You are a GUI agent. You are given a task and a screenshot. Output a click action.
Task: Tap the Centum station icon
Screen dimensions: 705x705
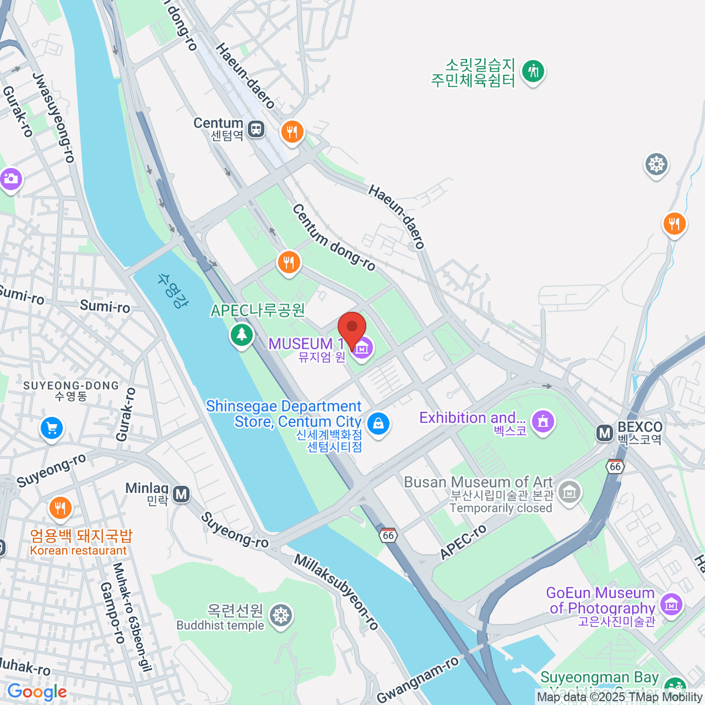tap(256, 129)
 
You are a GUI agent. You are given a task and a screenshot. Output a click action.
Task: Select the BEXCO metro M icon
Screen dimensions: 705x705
tap(604, 434)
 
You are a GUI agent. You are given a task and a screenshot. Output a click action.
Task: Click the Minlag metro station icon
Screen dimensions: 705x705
tap(182, 494)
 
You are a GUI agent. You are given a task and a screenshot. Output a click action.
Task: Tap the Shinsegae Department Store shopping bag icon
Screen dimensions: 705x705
tap(378, 422)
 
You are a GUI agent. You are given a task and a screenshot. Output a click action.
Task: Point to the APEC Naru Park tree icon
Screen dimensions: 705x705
tap(241, 335)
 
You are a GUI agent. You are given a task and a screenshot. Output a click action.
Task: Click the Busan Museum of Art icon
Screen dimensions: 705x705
tap(569, 492)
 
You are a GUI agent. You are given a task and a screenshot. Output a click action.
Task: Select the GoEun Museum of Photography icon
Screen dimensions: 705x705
tap(671, 603)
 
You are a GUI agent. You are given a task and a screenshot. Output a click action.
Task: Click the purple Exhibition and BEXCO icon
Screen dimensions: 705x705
tap(543, 421)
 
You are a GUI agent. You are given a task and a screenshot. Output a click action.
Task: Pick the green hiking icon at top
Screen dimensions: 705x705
tap(533, 71)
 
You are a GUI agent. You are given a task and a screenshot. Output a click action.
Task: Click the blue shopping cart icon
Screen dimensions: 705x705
tap(52, 428)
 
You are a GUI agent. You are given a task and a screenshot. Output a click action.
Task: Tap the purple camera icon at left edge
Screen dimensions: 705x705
tap(10, 179)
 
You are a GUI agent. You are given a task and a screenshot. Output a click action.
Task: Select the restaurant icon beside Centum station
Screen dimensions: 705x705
tap(292, 131)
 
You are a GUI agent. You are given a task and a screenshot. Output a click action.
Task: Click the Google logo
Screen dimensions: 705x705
tap(37, 692)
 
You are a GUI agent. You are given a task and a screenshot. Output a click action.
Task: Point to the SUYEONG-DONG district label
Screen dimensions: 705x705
tap(71, 385)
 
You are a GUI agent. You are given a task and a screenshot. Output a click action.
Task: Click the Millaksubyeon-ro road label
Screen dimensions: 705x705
tap(337, 592)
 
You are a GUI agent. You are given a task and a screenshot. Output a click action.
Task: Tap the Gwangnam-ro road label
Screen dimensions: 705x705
tap(418, 680)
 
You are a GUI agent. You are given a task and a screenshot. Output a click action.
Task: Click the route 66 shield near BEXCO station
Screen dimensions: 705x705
tap(615, 466)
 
